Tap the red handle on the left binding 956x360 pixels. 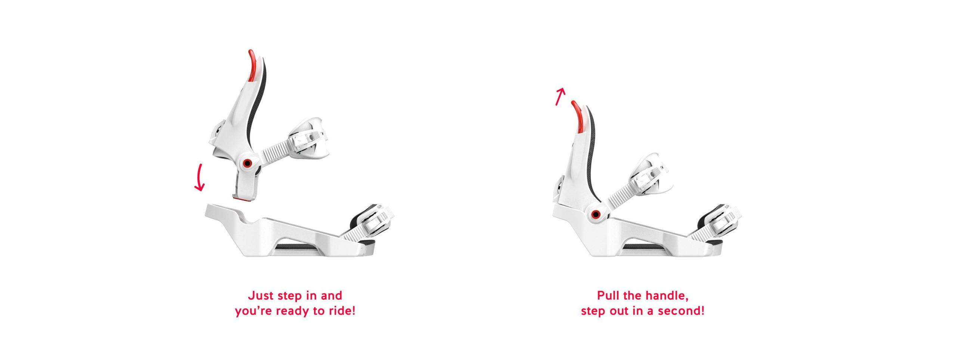point(252,65)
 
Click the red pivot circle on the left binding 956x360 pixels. point(246,163)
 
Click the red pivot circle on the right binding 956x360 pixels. point(596,214)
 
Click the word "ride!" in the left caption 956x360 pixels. point(342,311)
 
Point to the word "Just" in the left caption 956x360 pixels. point(261,295)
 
